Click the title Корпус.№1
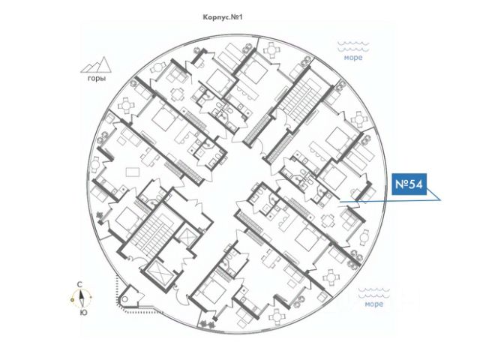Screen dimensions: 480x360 click(x=224, y=16)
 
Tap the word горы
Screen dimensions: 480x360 click(x=95, y=78)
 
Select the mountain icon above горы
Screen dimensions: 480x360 click(x=95, y=64)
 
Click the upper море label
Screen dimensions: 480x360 click(x=353, y=58)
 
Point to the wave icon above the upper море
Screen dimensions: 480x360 click(x=353, y=46)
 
